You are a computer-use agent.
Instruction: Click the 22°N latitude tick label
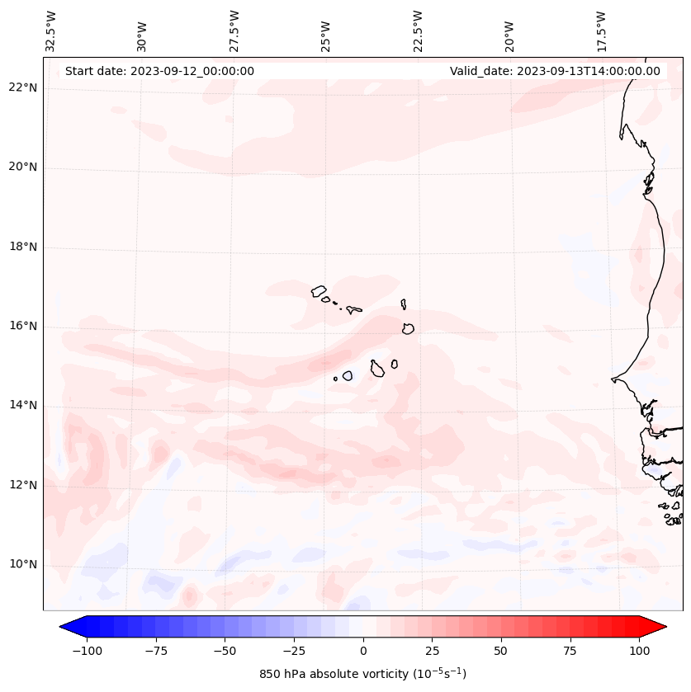coord(23,88)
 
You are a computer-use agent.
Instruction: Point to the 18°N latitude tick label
coord(23,247)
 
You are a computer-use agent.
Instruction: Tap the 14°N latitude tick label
coord(23,405)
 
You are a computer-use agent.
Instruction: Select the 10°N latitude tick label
coord(23,564)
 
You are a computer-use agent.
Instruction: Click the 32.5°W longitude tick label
coord(51,31)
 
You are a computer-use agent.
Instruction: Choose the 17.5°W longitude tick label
coord(601,31)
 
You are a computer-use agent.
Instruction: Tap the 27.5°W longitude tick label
coord(234,31)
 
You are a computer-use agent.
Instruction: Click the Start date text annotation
coord(159,71)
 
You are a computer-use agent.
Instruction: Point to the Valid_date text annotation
coord(555,71)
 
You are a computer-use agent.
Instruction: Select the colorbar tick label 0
coord(363,651)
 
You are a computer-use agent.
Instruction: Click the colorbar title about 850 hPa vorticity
coord(362,674)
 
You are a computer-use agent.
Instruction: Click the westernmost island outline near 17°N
coord(319,291)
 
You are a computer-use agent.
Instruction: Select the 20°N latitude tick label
coord(23,167)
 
